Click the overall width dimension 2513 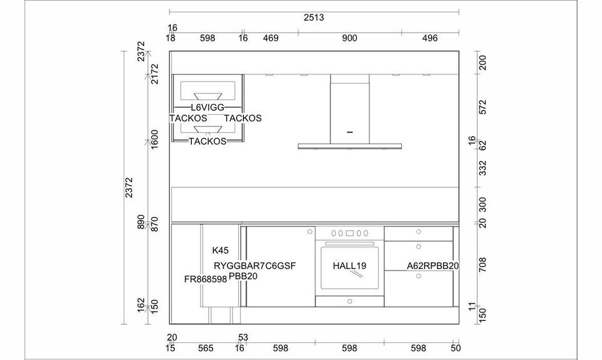pyautogui.click(x=314, y=18)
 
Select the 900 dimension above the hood pyautogui.click(x=349, y=38)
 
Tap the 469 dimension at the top pyautogui.click(x=271, y=38)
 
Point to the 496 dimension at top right pyautogui.click(x=430, y=38)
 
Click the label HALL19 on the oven pyautogui.click(x=349, y=265)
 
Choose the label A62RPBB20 pyautogui.click(x=433, y=265)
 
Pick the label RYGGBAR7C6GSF pyautogui.click(x=255, y=265)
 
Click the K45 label pyautogui.click(x=220, y=251)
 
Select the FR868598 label pyautogui.click(x=206, y=279)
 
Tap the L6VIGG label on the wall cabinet pyautogui.click(x=208, y=107)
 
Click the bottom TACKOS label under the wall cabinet pyautogui.click(x=208, y=141)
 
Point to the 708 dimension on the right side pyautogui.click(x=483, y=265)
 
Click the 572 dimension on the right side pyautogui.click(x=483, y=107)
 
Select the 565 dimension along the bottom pyautogui.click(x=206, y=348)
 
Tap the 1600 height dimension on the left pyautogui.click(x=154, y=139)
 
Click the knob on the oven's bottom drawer pyautogui.click(x=349, y=301)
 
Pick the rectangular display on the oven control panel pyautogui.click(x=349, y=233)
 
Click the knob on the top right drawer pyautogui.click(x=418, y=232)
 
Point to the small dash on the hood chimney pyautogui.click(x=349, y=132)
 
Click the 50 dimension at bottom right pyautogui.click(x=455, y=348)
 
